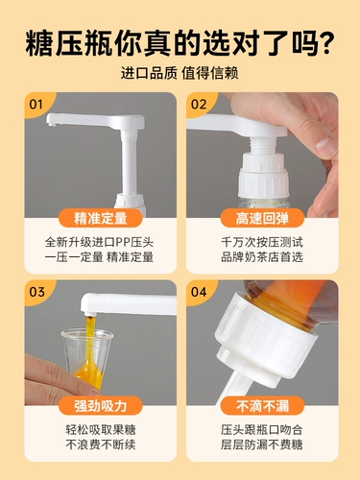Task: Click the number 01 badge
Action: pos(36,105)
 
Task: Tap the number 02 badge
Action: pos(198,105)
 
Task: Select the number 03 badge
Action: pos(36,292)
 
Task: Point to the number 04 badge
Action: pos(199,292)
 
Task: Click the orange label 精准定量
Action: pos(101,218)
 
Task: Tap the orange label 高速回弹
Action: pos(262,218)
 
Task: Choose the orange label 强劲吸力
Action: pos(101,405)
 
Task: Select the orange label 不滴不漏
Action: pos(262,405)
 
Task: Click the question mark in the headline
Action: pos(324,43)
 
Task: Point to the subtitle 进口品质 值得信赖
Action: pos(180,73)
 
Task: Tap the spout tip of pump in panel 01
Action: pos(52,122)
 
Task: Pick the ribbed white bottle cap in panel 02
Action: pos(263,176)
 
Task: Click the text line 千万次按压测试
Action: pos(262,242)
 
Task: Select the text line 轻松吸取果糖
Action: pos(101,430)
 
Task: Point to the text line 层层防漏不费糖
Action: pos(262,444)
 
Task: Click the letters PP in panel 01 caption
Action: pos(122,243)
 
